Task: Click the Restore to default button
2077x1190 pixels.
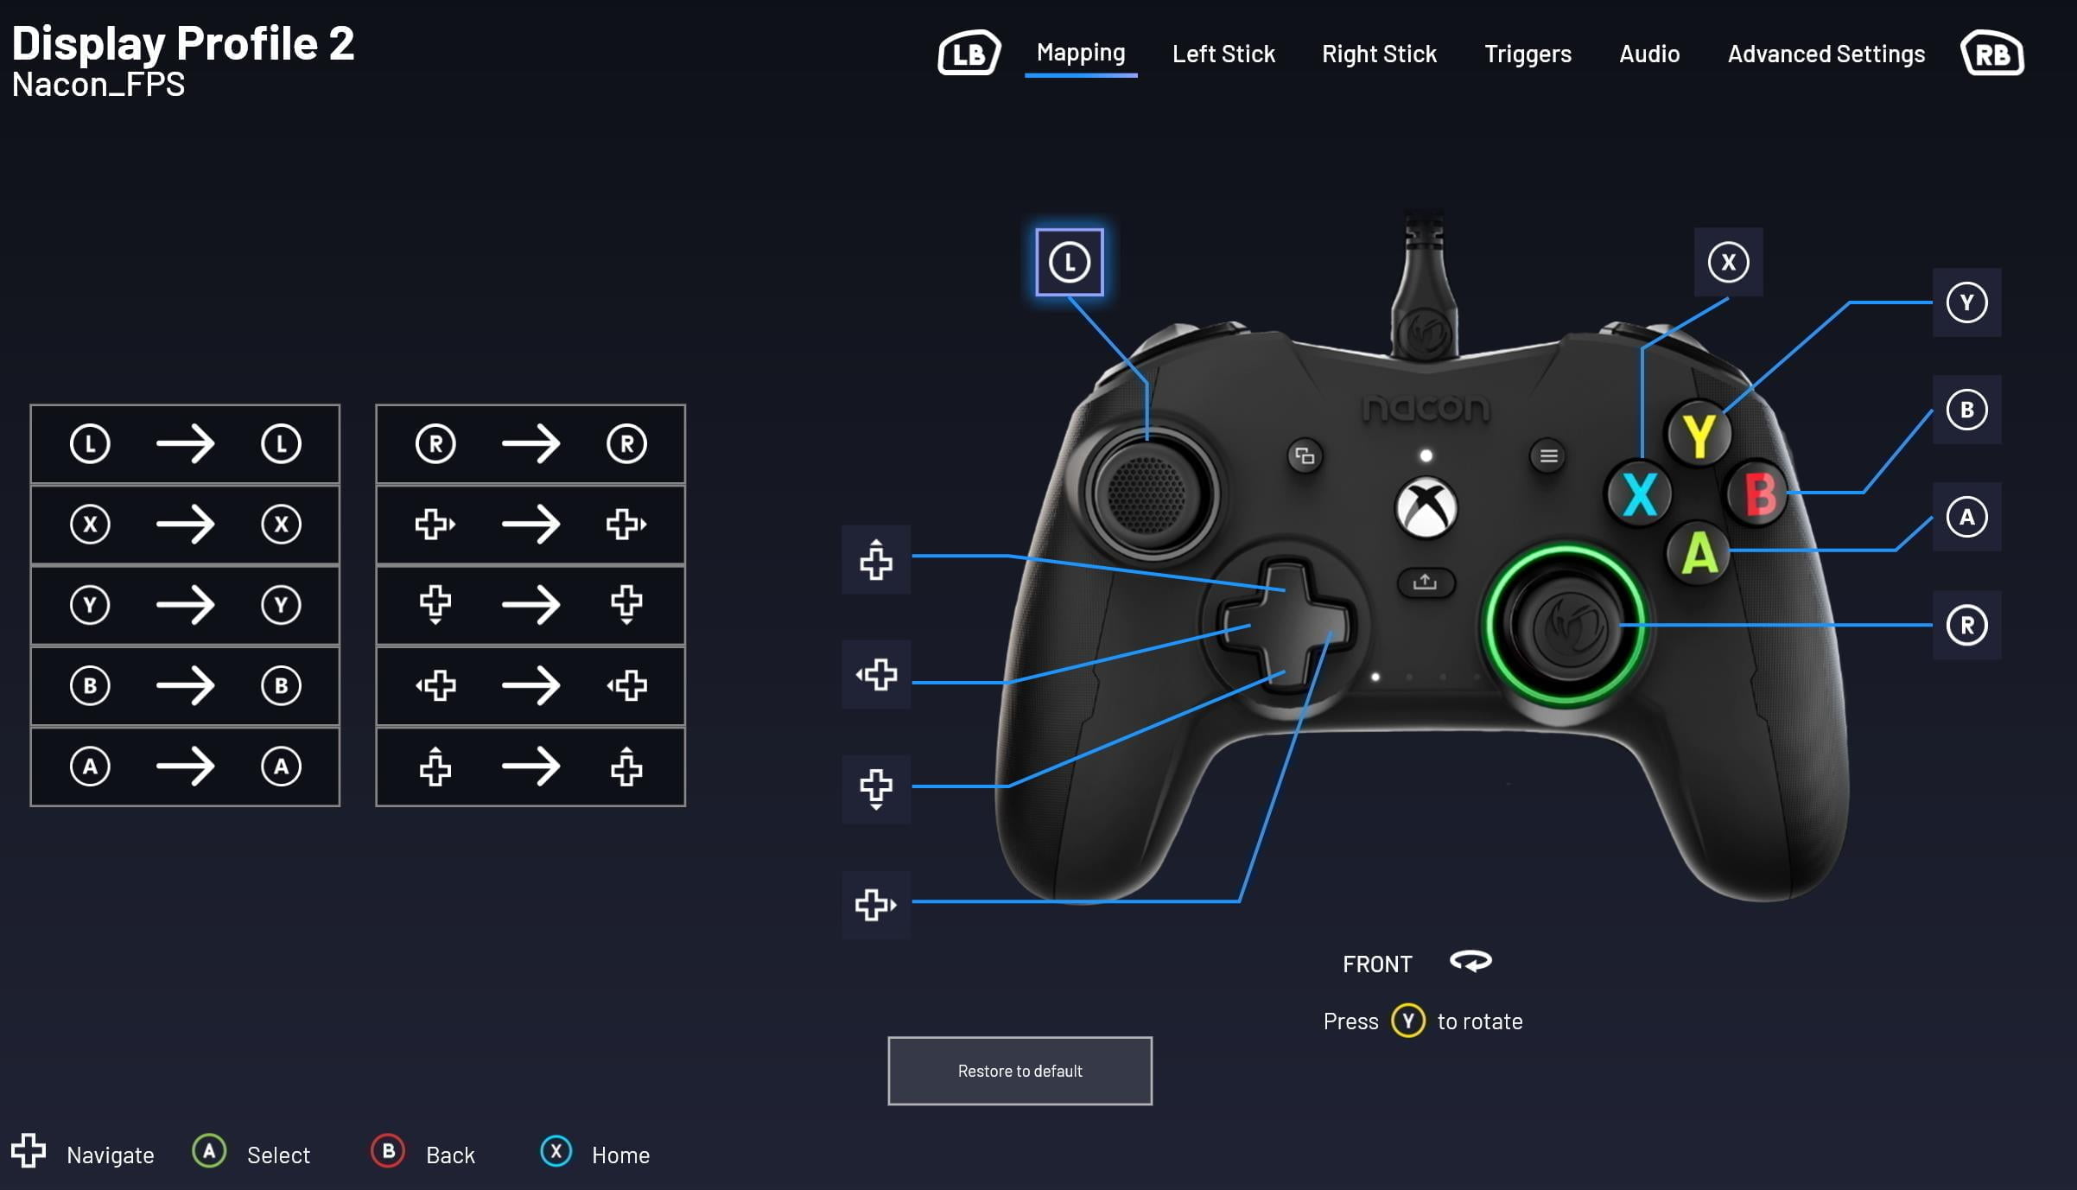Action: [x=1019, y=1071]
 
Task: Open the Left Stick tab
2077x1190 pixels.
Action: [x=1223, y=54]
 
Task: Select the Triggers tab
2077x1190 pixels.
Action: [x=1528, y=54]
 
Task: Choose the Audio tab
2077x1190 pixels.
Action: [x=1649, y=54]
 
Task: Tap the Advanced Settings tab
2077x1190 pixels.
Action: [x=1826, y=54]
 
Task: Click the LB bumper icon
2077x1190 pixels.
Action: [x=969, y=54]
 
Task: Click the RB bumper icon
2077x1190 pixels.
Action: [x=1991, y=54]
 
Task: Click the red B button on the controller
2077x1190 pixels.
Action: [x=1759, y=494]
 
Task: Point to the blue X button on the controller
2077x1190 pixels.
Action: [x=1639, y=494]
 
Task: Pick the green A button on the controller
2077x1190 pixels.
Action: [x=1699, y=553]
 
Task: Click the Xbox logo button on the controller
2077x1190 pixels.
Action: [x=1426, y=507]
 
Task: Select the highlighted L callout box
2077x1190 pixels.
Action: [x=1069, y=262]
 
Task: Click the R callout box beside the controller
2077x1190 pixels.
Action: [x=1966, y=625]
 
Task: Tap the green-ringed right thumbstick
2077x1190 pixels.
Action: [x=1565, y=626]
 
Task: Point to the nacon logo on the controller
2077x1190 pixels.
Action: [x=1426, y=408]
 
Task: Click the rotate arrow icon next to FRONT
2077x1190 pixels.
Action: [x=1470, y=962]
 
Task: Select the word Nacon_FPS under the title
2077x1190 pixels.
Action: [x=98, y=85]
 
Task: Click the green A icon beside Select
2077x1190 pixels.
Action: [x=209, y=1152]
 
